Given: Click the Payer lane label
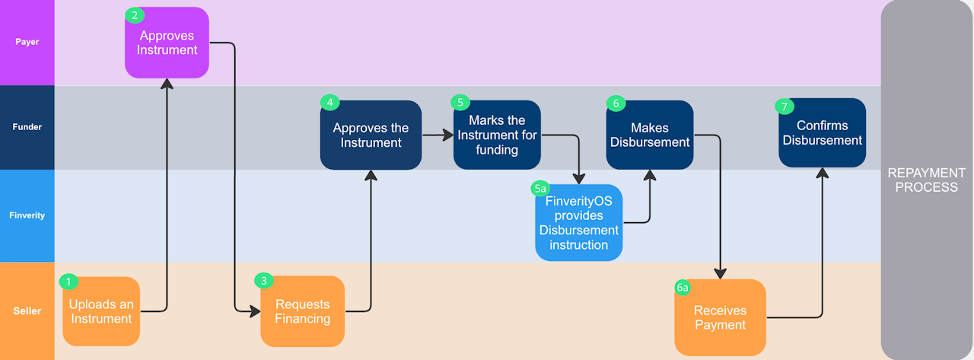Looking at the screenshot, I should click(x=27, y=42).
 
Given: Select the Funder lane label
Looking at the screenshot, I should click(x=27, y=127).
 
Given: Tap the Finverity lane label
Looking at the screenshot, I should click(x=27, y=215).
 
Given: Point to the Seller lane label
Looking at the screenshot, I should click(x=27, y=311).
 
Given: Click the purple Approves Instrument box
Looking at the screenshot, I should click(x=167, y=43).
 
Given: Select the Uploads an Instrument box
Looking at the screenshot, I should click(x=101, y=311).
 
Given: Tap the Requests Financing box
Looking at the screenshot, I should click(x=302, y=311).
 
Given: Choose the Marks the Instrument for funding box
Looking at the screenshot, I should click(x=497, y=135).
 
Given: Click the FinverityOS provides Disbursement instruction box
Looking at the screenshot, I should click(x=578, y=223).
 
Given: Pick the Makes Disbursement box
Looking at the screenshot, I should click(x=649, y=135).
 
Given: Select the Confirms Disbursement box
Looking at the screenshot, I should click(x=822, y=132).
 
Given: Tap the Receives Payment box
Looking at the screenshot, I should click(x=720, y=317).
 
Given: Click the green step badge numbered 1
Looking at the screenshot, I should click(x=68, y=282).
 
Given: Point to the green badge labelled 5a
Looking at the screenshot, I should click(x=540, y=187).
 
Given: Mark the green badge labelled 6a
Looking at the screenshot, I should click(x=683, y=287).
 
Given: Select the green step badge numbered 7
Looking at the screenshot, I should click(x=784, y=106).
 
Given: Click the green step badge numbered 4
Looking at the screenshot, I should click(x=329, y=102).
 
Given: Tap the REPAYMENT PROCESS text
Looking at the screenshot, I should click(x=926, y=180).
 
